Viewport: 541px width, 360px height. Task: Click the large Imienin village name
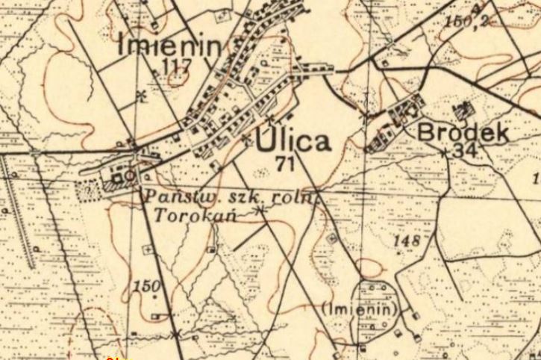pyautogui.click(x=170, y=46)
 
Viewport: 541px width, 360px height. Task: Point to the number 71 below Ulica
pyautogui.click(x=285, y=162)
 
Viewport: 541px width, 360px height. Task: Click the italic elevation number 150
pyautogui.click(x=146, y=286)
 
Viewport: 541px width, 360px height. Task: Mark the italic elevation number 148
pyautogui.click(x=404, y=240)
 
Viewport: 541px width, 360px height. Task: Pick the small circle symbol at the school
pyautogui.click(x=129, y=176)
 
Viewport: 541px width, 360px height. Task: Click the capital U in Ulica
pyautogui.click(x=266, y=140)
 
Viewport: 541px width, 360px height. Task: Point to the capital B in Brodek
pyautogui.click(x=425, y=133)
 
